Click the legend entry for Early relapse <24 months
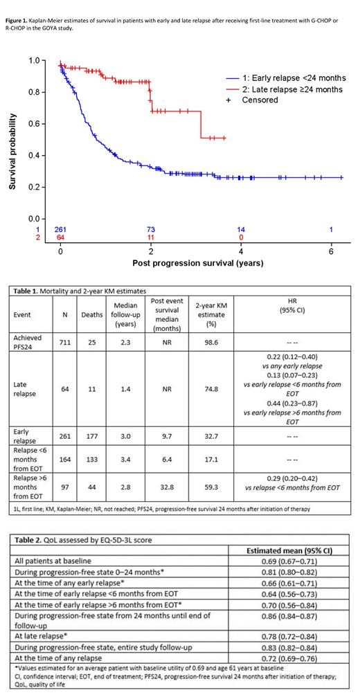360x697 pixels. tap(290, 78)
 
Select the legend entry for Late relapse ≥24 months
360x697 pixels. tap(289, 89)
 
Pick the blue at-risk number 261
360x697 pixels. tap(61, 229)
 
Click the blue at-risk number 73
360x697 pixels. tap(150, 229)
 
